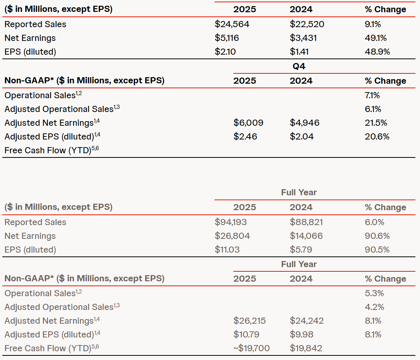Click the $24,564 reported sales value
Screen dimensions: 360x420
click(x=232, y=24)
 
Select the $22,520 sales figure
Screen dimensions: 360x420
click(x=307, y=24)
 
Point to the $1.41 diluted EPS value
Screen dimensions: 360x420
click(x=299, y=52)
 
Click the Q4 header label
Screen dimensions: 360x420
click(x=299, y=66)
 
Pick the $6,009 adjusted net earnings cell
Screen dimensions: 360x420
click(x=248, y=123)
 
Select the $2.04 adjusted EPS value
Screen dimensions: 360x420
click(x=301, y=136)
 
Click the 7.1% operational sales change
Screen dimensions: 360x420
click(x=373, y=95)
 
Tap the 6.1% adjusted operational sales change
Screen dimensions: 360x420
click(x=373, y=109)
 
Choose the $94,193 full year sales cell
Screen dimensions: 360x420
click(x=231, y=222)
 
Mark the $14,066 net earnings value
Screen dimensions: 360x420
click(x=306, y=236)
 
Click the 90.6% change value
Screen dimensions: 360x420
click(x=377, y=236)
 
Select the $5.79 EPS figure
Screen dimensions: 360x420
click(x=301, y=250)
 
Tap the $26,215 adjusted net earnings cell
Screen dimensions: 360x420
click(x=249, y=321)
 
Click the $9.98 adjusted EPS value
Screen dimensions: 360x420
click(x=301, y=334)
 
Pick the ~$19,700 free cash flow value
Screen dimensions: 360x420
click(x=251, y=348)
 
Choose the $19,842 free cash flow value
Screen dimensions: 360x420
click(x=306, y=348)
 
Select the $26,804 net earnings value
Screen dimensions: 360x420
click(x=232, y=236)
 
